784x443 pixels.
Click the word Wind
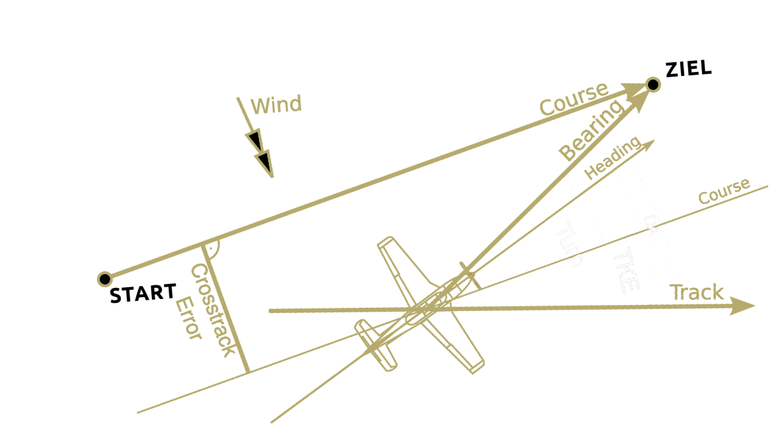(276, 105)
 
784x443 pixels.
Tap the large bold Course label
(573, 100)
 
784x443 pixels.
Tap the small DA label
(651, 224)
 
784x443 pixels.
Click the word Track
(697, 292)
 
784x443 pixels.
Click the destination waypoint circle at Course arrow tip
(653, 85)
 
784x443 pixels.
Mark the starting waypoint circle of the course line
(104, 279)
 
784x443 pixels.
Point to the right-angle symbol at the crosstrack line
(211, 249)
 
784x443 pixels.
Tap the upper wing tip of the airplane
(387, 245)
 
